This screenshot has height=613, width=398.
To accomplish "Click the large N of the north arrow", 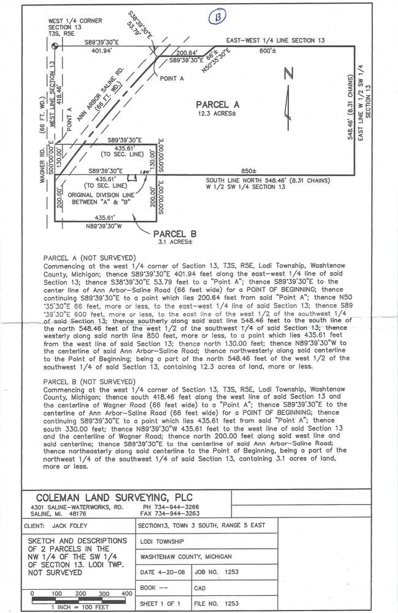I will coord(288,74).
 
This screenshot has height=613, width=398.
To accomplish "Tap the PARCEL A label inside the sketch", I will coord(217,105).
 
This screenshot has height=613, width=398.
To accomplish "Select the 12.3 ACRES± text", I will coord(217,114).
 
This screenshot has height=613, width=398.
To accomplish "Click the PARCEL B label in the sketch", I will coord(175,234).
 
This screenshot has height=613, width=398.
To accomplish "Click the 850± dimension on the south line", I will coord(249,171).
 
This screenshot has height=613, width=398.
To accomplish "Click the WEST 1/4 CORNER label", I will coord(75,21).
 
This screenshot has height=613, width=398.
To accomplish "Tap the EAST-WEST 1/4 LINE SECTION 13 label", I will coord(276,40).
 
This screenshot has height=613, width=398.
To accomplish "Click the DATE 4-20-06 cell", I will coord(164,572).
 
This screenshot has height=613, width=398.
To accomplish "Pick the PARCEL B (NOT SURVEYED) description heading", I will coord(89,381).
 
